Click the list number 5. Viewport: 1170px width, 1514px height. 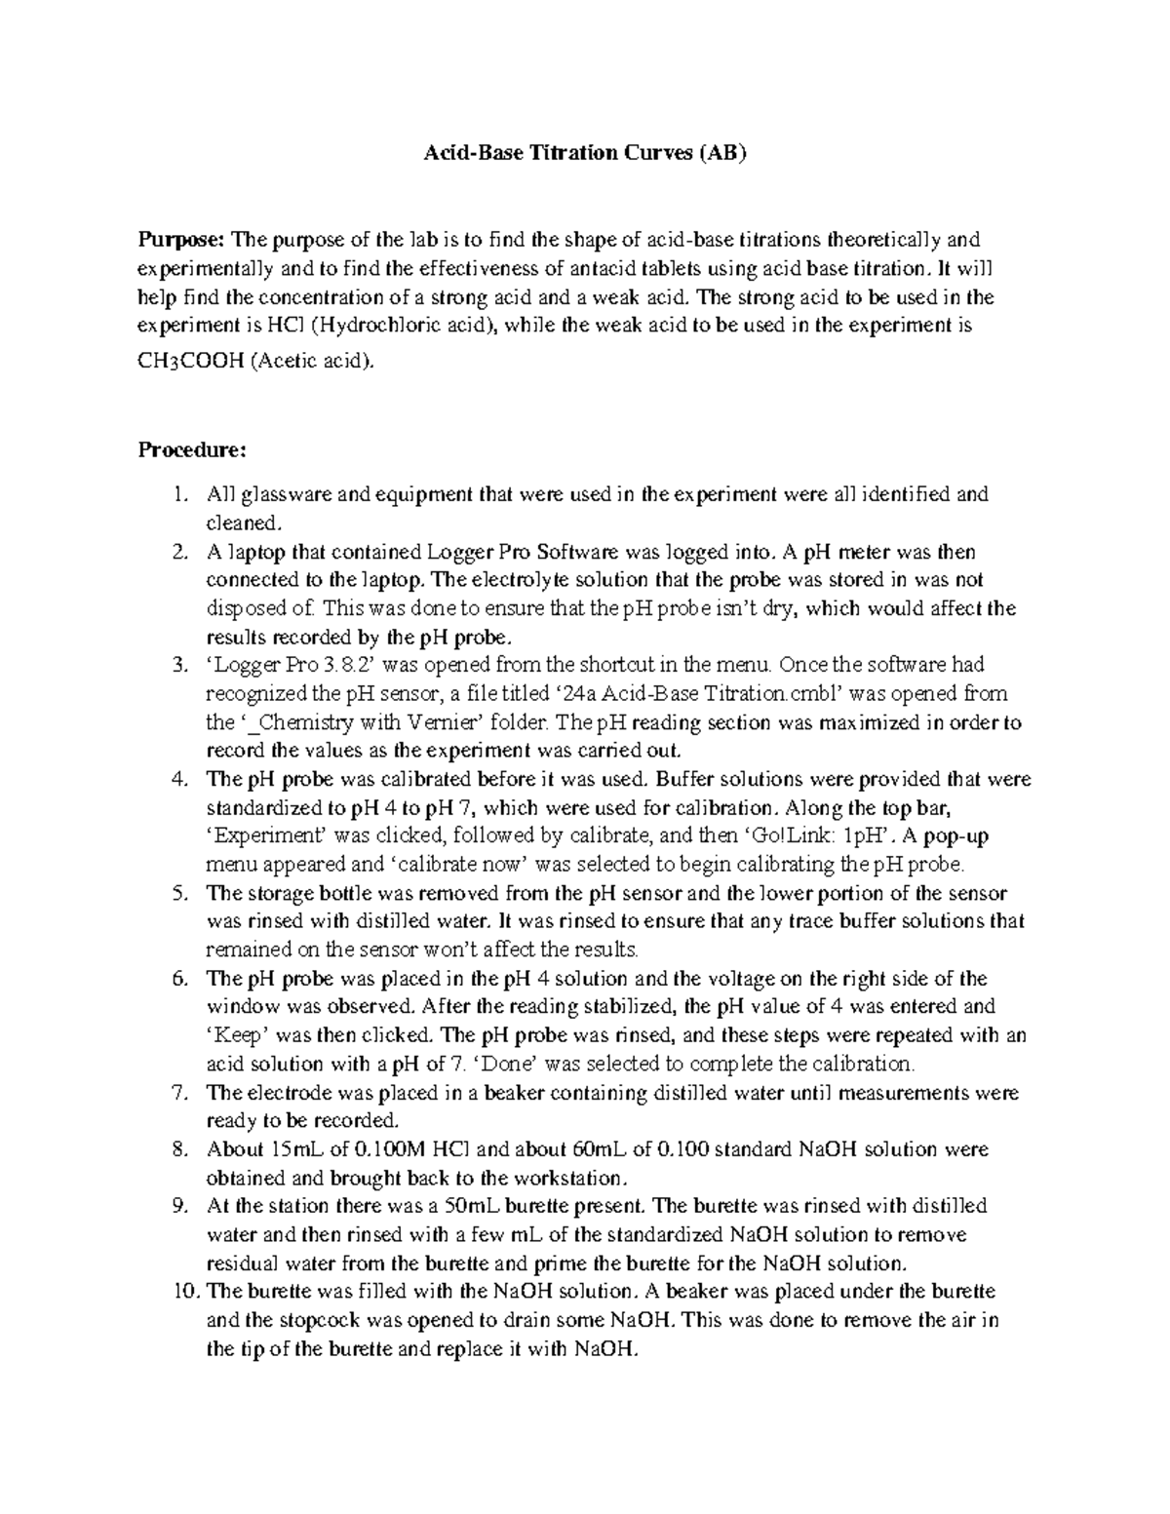point(177,893)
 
